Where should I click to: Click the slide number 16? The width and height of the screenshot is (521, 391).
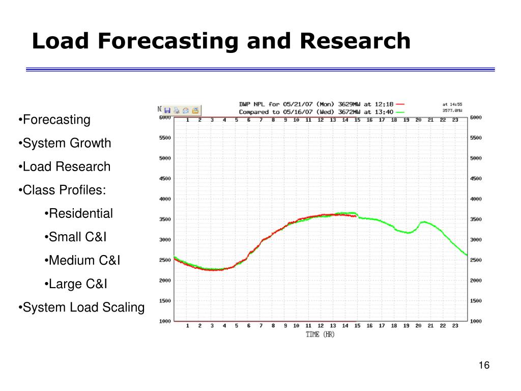click(x=483, y=366)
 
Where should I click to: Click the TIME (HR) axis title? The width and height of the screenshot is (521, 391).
click(x=320, y=334)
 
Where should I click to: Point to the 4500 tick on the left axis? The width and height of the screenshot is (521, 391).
click(x=164, y=179)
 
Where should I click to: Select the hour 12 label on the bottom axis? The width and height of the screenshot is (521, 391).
click(x=321, y=326)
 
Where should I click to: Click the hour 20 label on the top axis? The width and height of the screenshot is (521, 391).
click(x=418, y=120)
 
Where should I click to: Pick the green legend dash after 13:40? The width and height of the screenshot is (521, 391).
click(x=399, y=111)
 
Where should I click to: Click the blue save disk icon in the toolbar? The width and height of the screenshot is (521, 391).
click(x=167, y=110)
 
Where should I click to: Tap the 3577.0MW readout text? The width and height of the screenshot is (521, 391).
click(x=452, y=110)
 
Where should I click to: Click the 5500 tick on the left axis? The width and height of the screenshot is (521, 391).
click(x=164, y=138)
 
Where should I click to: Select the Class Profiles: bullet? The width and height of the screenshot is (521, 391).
click(x=64, y=190)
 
